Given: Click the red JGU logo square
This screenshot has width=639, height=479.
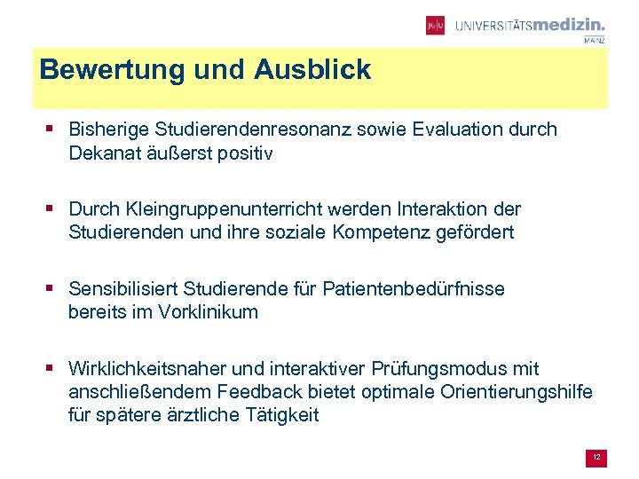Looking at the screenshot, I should pyautogui.click(x=435, y=26).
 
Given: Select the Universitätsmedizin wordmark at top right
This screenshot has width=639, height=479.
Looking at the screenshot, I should pyautogui.click(x=530, y=26).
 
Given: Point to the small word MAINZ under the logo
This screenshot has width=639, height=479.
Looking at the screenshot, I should pyautogui.click(x=595, y=40).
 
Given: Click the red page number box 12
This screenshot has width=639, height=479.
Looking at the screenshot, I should pyautogui.click(x=597, y=457).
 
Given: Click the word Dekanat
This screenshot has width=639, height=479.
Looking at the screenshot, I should pyautogui.click(x=103, y=153).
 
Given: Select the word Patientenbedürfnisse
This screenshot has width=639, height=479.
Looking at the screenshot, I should pyautogui.click(x=414, y=289).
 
